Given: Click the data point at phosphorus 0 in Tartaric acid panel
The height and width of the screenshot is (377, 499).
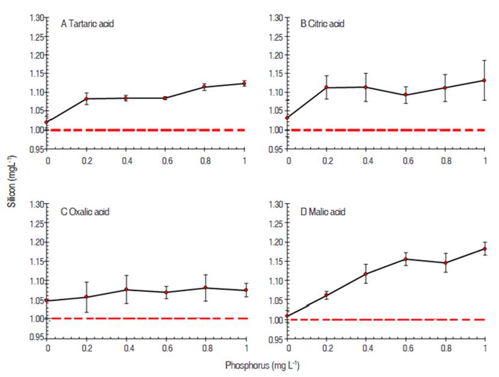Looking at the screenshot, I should (x=47, y=122).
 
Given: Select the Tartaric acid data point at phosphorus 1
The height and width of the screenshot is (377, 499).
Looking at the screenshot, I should (x=244, y=84).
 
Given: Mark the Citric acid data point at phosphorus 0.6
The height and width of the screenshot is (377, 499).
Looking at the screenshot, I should (x=406, y=95).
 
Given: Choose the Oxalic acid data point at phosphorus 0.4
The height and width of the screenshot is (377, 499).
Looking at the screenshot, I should (x=126, y=290).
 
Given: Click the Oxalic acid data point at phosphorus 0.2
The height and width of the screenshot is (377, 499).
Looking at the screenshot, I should (x=86, y=297).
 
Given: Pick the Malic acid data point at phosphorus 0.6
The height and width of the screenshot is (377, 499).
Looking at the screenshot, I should (x=406, y=259).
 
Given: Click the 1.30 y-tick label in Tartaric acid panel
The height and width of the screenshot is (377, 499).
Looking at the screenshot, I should (x=37, y=17).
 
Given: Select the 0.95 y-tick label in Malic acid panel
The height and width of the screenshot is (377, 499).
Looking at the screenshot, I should (x=276, y=339).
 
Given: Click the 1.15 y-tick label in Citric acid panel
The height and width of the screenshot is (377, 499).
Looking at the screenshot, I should (x=276, y=73).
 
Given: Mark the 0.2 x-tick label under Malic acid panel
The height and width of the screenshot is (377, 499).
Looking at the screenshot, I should (x=327, y=349).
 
